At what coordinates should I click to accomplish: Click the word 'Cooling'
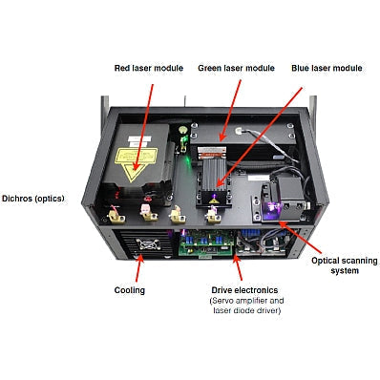pyautogui.click(x=129, y=289)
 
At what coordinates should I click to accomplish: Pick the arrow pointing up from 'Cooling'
pyautogui.click(x=138, y=263)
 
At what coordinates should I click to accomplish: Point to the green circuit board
pyautogui.click(x=212, y=243)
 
